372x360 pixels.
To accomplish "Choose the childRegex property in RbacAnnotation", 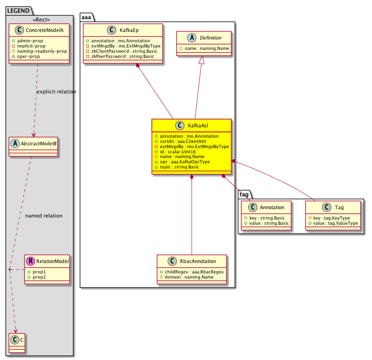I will [192, 271].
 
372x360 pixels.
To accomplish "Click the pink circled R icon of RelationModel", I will [30, 261].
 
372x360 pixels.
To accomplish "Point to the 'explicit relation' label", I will [56, 92].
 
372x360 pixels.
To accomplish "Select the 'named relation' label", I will [44, 216].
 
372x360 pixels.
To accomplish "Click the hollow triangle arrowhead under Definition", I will [202, 61].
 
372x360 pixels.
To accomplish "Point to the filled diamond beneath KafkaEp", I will [138, 66].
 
